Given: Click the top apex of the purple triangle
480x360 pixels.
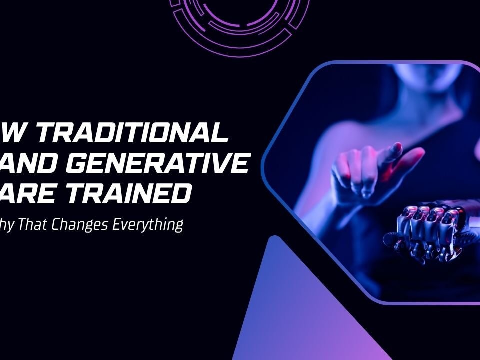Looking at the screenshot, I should [x=272, y=237].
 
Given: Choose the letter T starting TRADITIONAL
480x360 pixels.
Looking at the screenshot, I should [x=46, y=133].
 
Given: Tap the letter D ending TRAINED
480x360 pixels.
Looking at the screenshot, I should [x=180, y=193].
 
